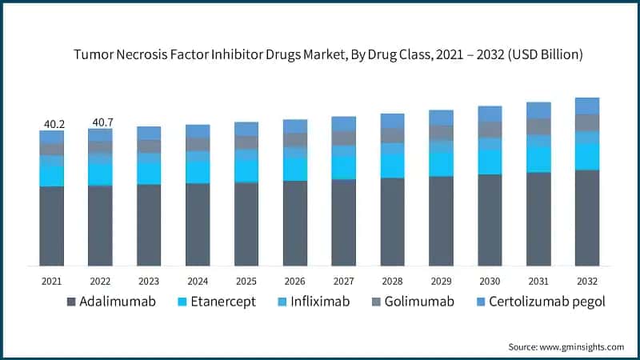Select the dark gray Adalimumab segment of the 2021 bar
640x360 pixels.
pyautogui.click(x=51, y=226)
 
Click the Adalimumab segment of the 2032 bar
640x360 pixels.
pyautogui.click(x=587, y=217)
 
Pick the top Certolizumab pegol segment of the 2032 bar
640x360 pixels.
pyautogui.click(x=587, y=106)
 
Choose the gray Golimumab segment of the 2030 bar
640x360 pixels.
pyautogui.click(x=490, y=129)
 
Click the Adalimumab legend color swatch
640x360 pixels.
pyautogui.click(x=71, y=302)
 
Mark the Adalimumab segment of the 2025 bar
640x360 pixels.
pyautogui.click(x=246, y=224)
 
